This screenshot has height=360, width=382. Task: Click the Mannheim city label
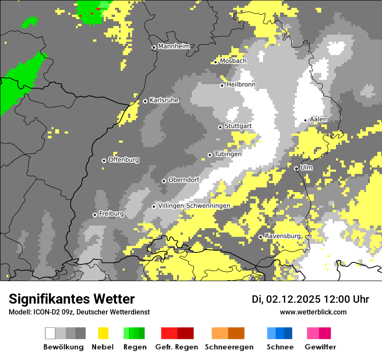coord(174,46)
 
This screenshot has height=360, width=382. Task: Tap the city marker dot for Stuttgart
coord(220,127)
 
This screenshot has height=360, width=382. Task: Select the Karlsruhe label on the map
coord(164,100)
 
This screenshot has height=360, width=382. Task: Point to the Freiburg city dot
coord(95,215)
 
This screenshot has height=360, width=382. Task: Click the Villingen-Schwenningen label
coord(194,206)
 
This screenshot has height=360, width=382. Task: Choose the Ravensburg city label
coord(283,236)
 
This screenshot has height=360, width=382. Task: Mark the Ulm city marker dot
coord(296,168)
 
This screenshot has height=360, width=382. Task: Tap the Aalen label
coord(318,119)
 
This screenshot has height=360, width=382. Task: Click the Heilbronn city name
coord(241,85)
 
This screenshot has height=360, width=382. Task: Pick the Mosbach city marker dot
coord(215,62)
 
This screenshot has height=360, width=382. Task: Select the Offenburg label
coord(124,160)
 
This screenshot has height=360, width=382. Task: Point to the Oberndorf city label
coord(184,180)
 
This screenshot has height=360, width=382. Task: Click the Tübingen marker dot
coord(210,155)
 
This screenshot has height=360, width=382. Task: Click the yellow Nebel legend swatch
coord(103,333)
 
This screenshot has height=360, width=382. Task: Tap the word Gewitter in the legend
coord(320,347)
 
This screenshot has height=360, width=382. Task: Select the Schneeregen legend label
coord(229,347)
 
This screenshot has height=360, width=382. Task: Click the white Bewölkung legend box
coord(50,333)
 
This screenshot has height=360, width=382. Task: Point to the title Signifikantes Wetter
coord(72,299)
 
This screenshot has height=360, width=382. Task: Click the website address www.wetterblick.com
coord(313,312)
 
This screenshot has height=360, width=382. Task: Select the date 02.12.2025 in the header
coord(293,299)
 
